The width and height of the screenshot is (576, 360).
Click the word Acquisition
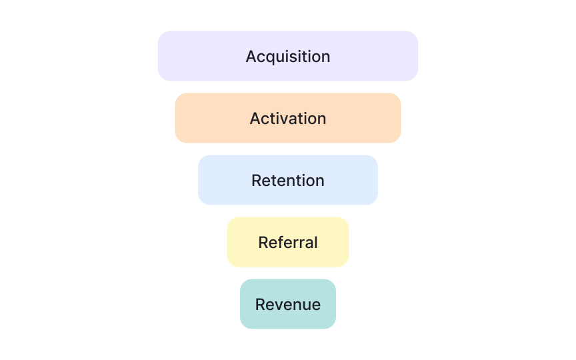coord(288,57)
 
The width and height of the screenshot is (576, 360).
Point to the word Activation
coord(288,119)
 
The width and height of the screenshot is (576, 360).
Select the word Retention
coord(288,181)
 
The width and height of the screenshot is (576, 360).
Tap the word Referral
coord(288,243)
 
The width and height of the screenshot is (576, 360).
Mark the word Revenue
coord(288,305)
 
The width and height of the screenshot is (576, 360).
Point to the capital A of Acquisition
coord(251,57)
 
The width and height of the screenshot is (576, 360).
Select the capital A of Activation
coord(255,119)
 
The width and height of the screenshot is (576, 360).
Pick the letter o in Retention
coord(309,181)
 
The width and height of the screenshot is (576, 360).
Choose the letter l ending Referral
coord(315,242)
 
